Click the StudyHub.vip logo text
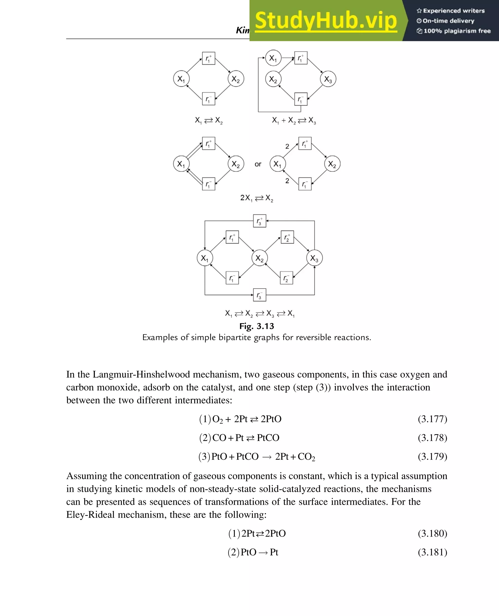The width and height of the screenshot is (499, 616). [x=326, y=21]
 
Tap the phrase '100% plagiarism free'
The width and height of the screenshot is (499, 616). [x=457, y=31]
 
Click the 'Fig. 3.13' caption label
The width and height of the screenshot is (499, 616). [x=256, y=326]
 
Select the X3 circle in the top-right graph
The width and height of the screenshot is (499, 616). [x=328, y=79]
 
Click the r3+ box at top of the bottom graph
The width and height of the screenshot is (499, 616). [x=259, y=221]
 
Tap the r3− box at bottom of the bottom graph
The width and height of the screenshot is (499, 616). [x=259, y=295]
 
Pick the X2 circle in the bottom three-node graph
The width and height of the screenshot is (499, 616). [x=259, y=258]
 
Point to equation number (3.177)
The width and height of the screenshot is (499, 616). [x=432, y=419]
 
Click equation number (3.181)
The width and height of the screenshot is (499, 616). [x=432, y=552]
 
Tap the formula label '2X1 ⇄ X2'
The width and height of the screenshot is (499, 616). [x=256, y=198]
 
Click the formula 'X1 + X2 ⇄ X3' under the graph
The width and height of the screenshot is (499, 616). [x=294, y=120]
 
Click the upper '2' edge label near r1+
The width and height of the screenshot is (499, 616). [x=287, y=147]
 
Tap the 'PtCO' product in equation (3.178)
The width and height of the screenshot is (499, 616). [x=268, y=438]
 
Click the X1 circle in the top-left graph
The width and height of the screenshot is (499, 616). [x=181, y=79]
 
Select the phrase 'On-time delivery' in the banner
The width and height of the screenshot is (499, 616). [x=448, y=21]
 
